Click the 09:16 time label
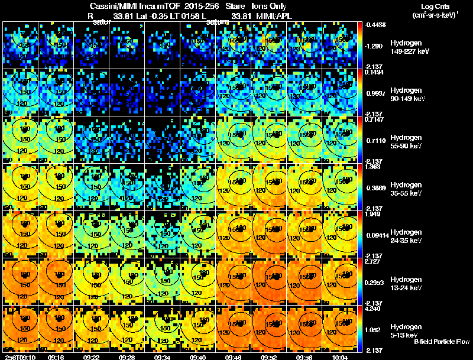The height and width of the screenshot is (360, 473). [56, 357]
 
